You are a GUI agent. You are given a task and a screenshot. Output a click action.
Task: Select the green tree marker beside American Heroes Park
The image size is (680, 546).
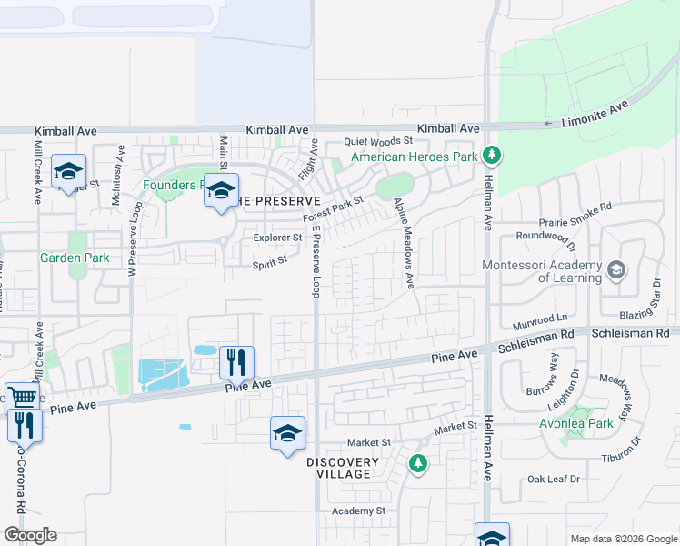492,156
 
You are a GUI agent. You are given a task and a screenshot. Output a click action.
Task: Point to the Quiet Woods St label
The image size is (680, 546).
378,141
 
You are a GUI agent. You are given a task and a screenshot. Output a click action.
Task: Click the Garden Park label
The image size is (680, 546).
75,258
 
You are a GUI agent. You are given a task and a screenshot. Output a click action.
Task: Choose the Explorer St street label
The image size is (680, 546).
277,238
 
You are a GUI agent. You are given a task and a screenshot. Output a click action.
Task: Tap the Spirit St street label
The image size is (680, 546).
269,260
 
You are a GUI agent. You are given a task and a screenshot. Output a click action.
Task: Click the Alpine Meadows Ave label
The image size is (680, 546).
404,244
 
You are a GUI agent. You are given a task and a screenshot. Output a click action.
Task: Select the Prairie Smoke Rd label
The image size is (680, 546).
575,208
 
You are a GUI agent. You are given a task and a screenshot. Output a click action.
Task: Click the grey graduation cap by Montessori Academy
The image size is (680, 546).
616,269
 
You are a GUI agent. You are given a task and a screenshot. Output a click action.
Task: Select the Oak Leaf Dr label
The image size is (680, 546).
554,479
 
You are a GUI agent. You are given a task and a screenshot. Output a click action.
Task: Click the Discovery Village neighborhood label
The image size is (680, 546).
338,468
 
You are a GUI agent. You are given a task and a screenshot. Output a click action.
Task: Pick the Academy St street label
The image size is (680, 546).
358,511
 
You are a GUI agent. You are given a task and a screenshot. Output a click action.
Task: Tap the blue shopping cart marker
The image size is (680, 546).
22,397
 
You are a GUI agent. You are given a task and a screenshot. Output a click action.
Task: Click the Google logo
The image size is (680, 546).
30,535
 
